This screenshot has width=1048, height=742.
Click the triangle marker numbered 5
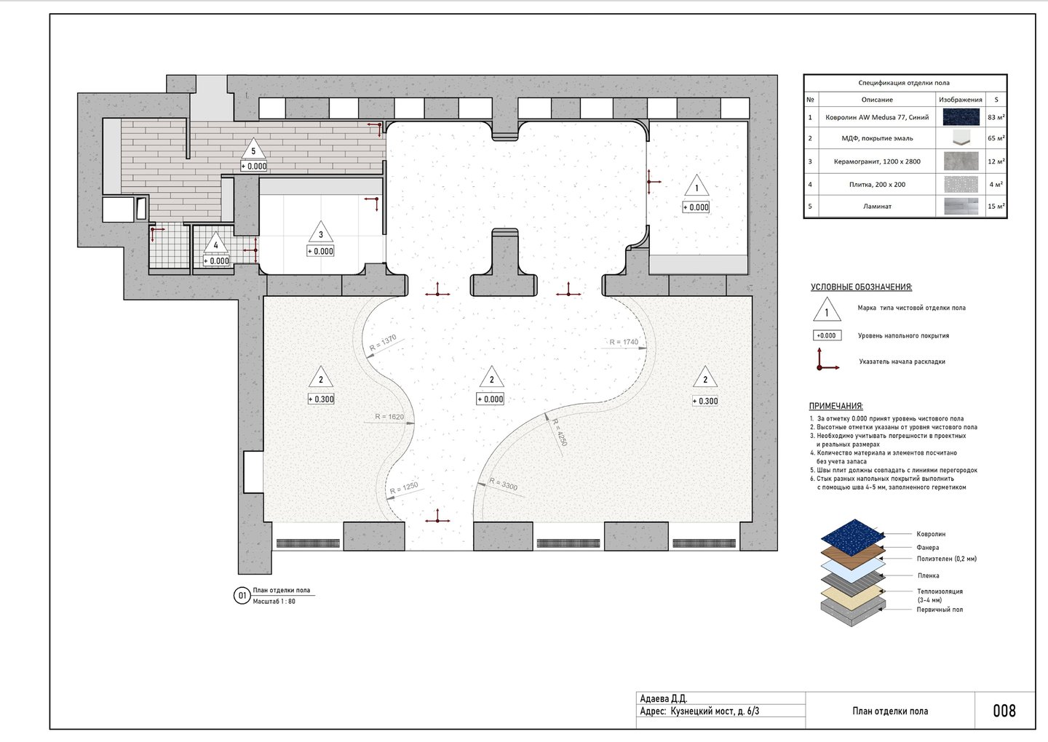(x=253, y=148)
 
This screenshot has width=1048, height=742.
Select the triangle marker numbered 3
(x=320, y=232)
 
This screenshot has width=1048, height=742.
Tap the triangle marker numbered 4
(x=215, y=243)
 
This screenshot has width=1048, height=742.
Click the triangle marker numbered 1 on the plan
(x=696, y=185)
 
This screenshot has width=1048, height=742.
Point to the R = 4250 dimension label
(x=560, y=432)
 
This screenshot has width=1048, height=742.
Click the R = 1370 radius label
(x=383, y=342)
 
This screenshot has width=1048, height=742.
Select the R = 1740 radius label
(x=624, y=342)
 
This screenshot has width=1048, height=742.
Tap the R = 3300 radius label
(x=504, y=484)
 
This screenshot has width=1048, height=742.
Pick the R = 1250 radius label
(x=404, y=487)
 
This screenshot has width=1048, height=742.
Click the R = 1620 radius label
(x=389, y=417)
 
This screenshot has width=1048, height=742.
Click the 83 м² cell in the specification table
(x=996, y=117)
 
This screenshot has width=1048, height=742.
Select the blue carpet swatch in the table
(x=961, y=117)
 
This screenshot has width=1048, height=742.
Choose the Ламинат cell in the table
(x=877, y=206)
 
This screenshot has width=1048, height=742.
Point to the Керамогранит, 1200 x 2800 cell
(x=877, y=161)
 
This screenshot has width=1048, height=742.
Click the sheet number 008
(x=1004, y=711)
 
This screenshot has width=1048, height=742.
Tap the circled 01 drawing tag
(x=242, y=595)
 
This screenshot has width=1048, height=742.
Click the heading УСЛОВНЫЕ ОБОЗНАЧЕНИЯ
(x=862, y=287)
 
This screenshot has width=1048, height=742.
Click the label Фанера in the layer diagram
(x=928, y=547)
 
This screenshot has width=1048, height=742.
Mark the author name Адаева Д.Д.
(x=664, y=698)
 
